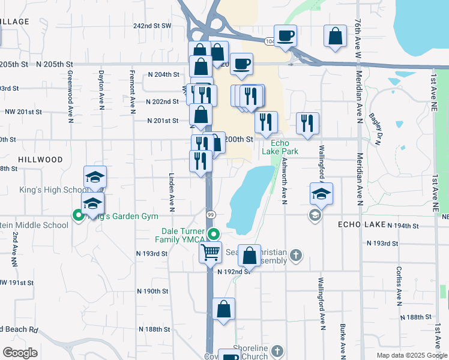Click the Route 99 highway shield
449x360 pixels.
[x=210, y=214]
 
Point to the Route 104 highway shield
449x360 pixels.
[x=269, y=40]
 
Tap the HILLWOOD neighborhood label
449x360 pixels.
[x=40, y=160]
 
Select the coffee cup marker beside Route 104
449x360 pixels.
[x=285, y=35]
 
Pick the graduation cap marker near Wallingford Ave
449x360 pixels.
[x=321, y=194]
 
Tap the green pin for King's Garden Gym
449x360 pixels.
[x=77, y=215]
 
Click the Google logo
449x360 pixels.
[x=20, y=353]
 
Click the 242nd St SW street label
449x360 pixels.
[x=152, y=26]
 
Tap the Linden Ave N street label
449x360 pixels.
[x=171, y=194]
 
